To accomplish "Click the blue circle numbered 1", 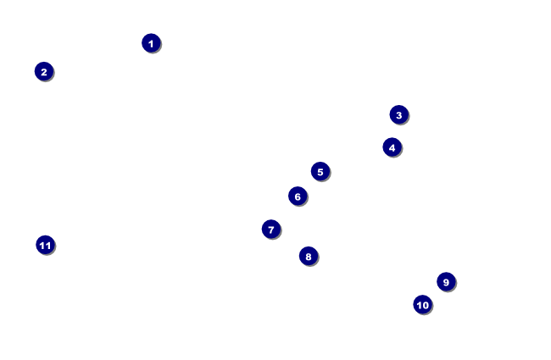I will pyautogui.click(x=151, y=43).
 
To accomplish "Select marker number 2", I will pyautogui.click(x=44, y=72).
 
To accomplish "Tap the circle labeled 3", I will pyautogui.click(x=399, y=114).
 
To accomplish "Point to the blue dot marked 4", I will pyautogui.click(x=392, y=147).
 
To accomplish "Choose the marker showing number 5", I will pyautogui.click(x=320, y=172).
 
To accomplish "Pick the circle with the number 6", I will pyautogui.click(x=297, y=197).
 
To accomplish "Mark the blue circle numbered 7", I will pyautogui.click(x=271, y=230).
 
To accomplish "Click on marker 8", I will pyautogui.click(x=309, y=256).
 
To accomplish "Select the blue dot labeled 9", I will pyautogui.click(x=446, y=282).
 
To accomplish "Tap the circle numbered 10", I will pyautogui.click(x=422, y=305).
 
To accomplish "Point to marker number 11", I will pyautogui.click(x=45, y=246).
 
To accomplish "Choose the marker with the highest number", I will pyautogui.click(x=45, y=246).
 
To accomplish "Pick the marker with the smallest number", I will pyautogui.click(x=151, y=43).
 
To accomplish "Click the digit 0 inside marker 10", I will pyautogui.click(x=426, y=305).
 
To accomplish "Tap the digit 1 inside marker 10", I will pyautogui.click(x=419, y=305).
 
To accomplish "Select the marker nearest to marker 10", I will pyautogui.click(x=446, y=282).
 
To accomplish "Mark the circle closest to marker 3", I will pyautogui.click(x=392, y=147).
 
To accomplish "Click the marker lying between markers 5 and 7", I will pyautogui.click(x=297, y=197).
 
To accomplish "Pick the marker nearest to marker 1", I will pyautogui.click(x=44, y=72).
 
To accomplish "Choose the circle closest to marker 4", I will pyautogui.click(x=399, y=114).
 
